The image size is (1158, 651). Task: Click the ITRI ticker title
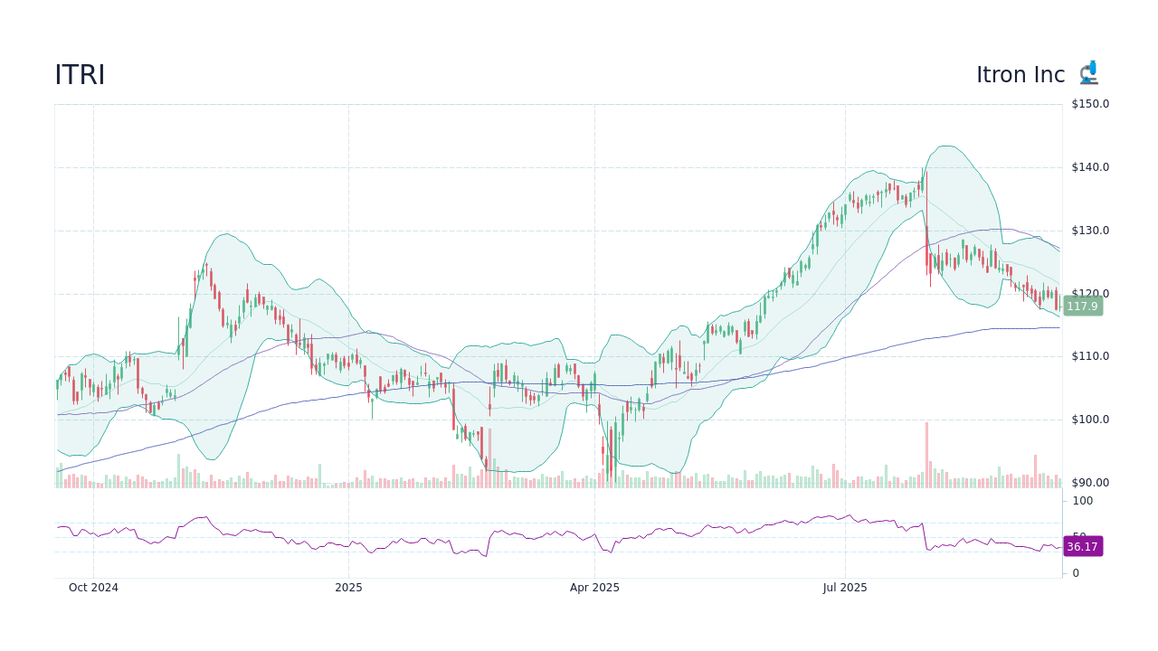point(80,75)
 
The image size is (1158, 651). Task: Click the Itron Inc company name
point(1020,75)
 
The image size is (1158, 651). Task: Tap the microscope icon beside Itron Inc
point(1088,73)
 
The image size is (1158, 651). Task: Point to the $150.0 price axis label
point(1089,104)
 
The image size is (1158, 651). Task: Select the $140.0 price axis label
point(1089,167)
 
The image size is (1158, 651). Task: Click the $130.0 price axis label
point(1089,231)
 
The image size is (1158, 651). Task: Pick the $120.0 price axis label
point(1089,294)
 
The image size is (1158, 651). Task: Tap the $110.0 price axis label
point(1089,356)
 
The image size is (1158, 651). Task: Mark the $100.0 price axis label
point(1089,420)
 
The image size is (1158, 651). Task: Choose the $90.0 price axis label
point(1089,483)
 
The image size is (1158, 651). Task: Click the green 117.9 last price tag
point(1082,307)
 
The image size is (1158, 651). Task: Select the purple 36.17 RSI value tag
point(1082,547)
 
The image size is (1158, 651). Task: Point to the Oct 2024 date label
point(93,588)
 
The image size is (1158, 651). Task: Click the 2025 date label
point(348,588)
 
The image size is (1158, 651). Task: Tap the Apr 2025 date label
point(594,588)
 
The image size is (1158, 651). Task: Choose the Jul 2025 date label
point(845,588)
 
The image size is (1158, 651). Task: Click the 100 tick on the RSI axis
point(1083,501)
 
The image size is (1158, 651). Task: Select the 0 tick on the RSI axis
point(1076,573)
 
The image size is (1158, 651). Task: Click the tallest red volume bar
point(926,455)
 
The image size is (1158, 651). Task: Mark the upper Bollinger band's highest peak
point(946,146)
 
